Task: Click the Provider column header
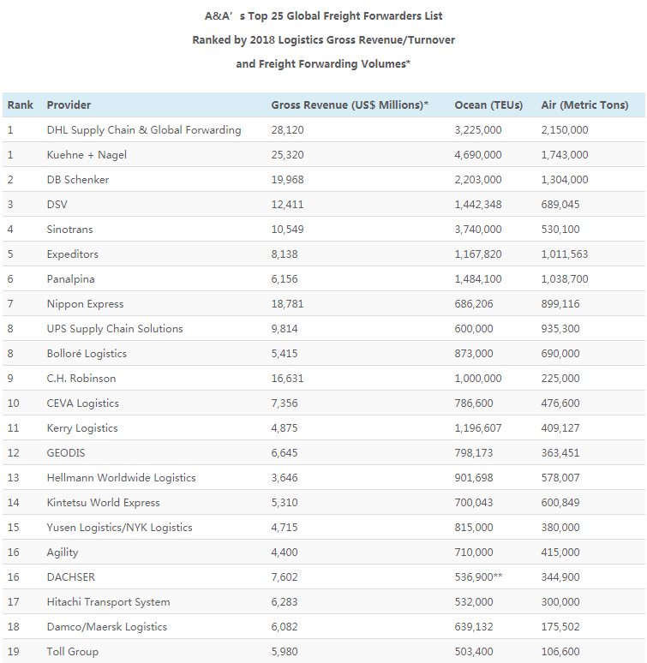click(x=69, y=105)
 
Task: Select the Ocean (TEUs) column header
click(x=489, y=105)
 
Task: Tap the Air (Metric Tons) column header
click(x=584, y=105)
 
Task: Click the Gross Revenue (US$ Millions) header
click(x=349, y=105)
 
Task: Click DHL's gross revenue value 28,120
click(x=287, y=130)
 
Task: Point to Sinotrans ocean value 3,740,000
click(x=478, y=230)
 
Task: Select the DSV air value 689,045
click(x=561, y=205)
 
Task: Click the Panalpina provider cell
click(x=72, y=279)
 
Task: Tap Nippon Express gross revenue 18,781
click(x=287, y=304)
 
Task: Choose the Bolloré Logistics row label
click(x=87, y=354)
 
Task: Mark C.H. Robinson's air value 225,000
click(x=561, y=379)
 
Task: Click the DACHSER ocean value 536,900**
click(x=478, y=577)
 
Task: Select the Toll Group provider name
click(x=72, y=652)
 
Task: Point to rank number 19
click(x=13, y=652)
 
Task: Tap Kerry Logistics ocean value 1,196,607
click(x=478, y=428)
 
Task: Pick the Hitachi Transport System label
click(x=108, y=602)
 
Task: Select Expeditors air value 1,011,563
click(x=565, y=254)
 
